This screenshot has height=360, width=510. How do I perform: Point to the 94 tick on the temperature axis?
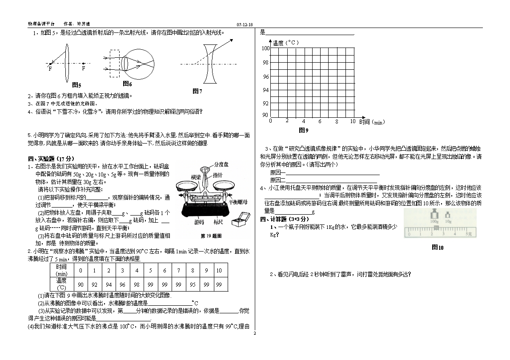click(265, 90)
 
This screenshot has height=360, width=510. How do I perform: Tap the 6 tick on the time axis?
click(320, 121)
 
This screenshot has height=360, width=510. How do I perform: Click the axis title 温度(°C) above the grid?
click(285, 43)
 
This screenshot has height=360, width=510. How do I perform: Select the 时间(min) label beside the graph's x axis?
click(371, 122)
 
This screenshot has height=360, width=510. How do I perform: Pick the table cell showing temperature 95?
click(193, 284)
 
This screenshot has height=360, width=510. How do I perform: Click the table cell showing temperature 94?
click(108, 284)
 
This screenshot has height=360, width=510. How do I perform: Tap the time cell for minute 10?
click(219, 270)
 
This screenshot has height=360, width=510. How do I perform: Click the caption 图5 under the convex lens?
click(76, 85)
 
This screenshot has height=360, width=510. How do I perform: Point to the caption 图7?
click(197, 91)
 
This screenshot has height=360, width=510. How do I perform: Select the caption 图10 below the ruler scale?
click(438, 248)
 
